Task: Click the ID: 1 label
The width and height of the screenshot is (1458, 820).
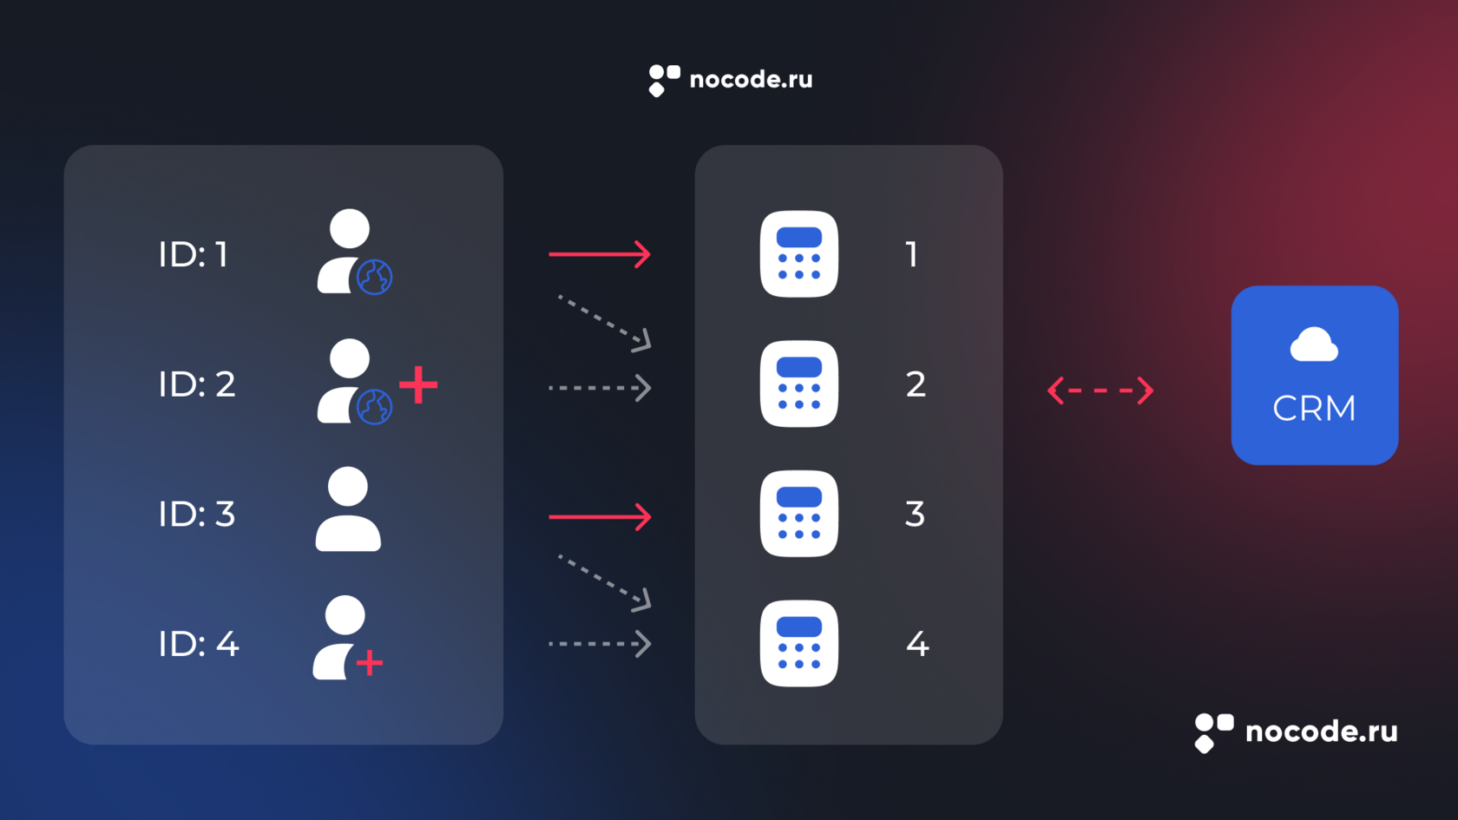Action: (193, 254)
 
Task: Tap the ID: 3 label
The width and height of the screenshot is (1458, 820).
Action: (196, 514)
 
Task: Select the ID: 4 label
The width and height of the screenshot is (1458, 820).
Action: (198, 644)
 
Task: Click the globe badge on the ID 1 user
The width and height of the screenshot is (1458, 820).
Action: (375, 277)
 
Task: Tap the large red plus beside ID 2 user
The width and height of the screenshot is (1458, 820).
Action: (418, 385)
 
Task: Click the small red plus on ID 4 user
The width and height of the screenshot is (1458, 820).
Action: (370, 663)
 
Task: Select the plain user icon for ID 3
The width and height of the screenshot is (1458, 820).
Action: (348, 509)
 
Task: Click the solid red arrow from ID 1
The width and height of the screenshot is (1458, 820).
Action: (599, 254)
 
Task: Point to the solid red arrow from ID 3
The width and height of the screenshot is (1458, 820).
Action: (599, 516)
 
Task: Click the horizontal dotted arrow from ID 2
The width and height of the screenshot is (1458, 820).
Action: (599, 388)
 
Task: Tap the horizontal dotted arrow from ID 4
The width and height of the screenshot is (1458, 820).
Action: (599, 644)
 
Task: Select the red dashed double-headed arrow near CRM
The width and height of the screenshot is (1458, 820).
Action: (1100, 390)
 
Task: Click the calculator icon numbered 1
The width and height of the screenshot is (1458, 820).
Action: (798, 254)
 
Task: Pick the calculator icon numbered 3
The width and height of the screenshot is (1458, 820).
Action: (798, 514)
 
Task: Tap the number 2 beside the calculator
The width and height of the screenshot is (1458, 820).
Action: (916, 384)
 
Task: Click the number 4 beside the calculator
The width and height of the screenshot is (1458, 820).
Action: (917, 644)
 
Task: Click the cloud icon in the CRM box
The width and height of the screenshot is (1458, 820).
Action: (1314, 345)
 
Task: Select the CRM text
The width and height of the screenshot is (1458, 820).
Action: (1314, 408)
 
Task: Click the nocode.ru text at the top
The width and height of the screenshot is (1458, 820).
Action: (751, 80)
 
